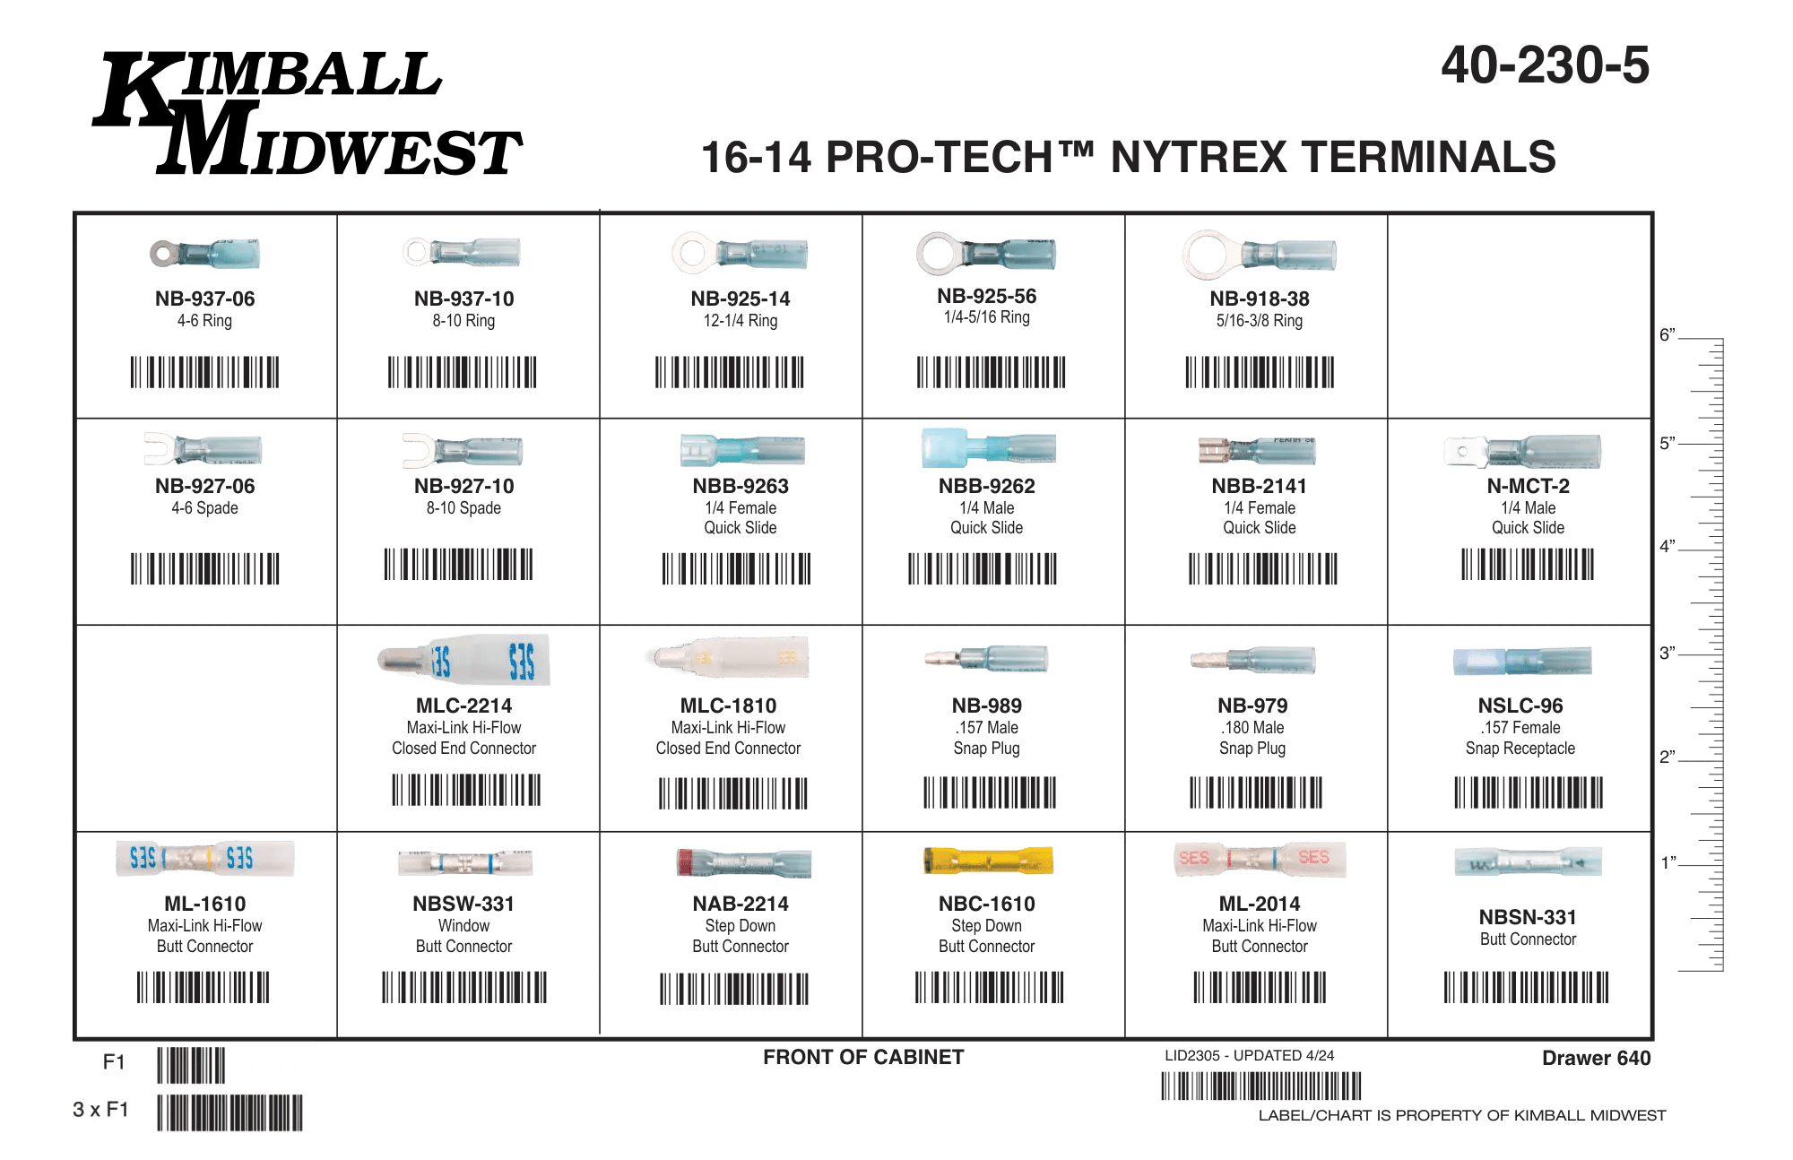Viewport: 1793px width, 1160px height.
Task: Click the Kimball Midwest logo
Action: tap(307, 113)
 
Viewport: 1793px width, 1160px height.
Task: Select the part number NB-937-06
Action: tap(204, 299)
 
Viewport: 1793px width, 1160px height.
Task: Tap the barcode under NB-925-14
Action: tap(729, 372)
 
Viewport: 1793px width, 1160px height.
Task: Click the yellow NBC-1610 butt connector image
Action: tap(988, 861)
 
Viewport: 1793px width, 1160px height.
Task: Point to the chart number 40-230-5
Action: tap(1545, 65)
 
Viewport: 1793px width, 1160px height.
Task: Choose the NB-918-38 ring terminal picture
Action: tap(1259, 255)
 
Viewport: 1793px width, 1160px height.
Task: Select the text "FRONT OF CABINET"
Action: tap(863, 1057)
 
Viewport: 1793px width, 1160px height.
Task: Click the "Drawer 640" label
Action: tap(1596, 1058)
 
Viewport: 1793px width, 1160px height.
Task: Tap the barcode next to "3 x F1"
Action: tap(230, 1112)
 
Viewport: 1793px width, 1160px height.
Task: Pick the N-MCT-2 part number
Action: tap(1528, 486)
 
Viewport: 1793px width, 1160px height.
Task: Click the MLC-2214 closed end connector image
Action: tap(463, 660)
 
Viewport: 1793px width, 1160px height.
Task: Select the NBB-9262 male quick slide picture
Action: tap(988, 447)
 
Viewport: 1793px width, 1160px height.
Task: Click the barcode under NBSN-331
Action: tap(1526, 987)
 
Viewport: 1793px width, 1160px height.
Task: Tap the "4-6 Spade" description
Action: tap(204, 508)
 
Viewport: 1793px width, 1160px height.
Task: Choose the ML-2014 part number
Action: tap(1259, 904)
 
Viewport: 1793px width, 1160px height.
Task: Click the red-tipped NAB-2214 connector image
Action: tap(744, 862)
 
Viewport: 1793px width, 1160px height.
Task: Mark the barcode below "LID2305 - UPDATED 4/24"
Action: tap(1261, 1086)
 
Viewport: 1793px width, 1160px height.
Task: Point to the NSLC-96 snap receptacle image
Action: tap(1522, 661)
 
